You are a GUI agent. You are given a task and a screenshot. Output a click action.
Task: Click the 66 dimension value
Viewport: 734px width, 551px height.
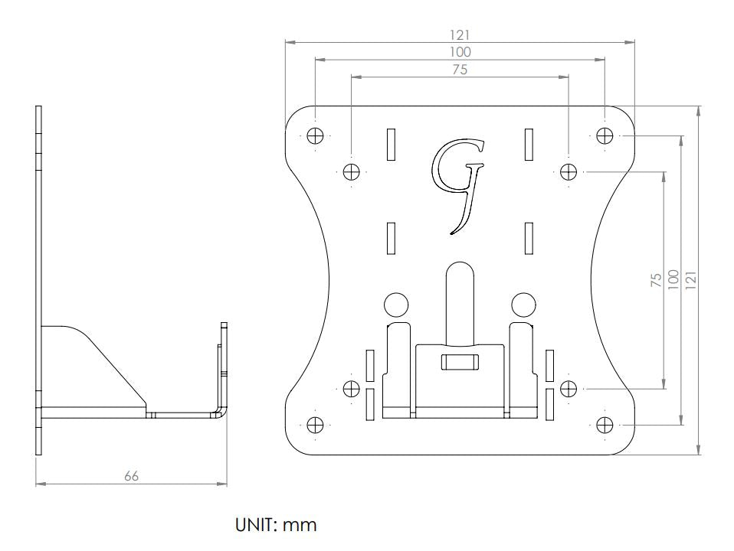(x=132, y=476)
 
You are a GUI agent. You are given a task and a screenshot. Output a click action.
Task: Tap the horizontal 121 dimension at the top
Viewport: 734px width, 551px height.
(x=460, y=34)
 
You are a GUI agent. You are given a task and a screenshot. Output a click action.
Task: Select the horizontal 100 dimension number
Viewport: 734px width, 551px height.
(x=460, y=52)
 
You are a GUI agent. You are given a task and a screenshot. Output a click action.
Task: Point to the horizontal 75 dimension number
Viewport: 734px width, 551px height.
(x=459, y=70)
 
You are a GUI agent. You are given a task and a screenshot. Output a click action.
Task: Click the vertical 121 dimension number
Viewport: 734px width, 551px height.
(x=691, y=280)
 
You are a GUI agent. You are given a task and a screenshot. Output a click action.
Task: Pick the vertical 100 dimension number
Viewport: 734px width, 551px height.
(x=673, y=280)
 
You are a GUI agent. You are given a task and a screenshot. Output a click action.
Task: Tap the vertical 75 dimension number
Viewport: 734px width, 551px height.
(x=656, y=280)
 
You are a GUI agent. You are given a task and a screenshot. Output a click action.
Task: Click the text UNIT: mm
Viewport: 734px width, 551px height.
(x=275, y=525)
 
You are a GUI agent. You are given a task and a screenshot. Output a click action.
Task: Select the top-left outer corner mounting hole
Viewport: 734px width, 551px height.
(x=315, y=135)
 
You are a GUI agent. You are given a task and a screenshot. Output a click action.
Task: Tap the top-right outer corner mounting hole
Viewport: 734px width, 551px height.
(x=605, y=135)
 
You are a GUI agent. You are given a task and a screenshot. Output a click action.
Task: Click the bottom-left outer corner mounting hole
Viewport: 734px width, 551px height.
(x=315, y=424)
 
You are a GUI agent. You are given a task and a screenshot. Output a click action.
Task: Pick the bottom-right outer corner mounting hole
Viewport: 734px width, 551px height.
(x=605, y=424)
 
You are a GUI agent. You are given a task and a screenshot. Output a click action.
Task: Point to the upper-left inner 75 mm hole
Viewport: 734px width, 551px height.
(x=351, y=171)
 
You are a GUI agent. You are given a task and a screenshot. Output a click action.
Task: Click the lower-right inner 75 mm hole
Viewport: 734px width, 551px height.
(x=568, y=388)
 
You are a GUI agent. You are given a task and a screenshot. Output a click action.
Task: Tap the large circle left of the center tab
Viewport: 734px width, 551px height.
(x=395, y=305)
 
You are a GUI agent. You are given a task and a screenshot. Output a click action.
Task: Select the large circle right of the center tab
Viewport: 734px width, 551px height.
(x=523, y=305)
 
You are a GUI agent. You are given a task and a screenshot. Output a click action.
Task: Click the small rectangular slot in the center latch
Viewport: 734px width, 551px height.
(x=459, y=360)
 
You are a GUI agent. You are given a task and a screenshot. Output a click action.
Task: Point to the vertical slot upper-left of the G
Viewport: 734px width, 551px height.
(x=390, y=144)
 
